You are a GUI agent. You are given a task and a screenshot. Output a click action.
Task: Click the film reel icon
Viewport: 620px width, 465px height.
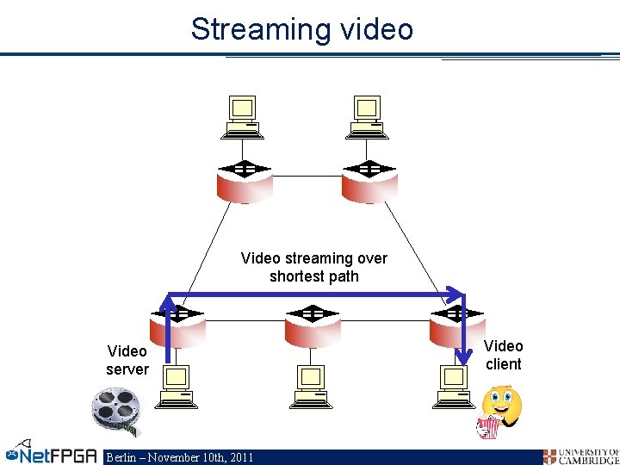pyautogui.click(x=116, y=410)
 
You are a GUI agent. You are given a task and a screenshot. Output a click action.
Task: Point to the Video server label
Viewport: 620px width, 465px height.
pyautogui.click(x=127, y=360)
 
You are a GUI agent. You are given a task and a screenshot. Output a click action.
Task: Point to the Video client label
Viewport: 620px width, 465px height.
pyautogui.click(x=503, y=355)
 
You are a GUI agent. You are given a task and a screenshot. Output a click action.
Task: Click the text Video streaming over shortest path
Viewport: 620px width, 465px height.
pyautogui.click(x=314, y=267)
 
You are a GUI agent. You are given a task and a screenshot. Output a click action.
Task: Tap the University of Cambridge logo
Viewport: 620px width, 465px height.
pyautogui.click(x=580, y=456)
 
